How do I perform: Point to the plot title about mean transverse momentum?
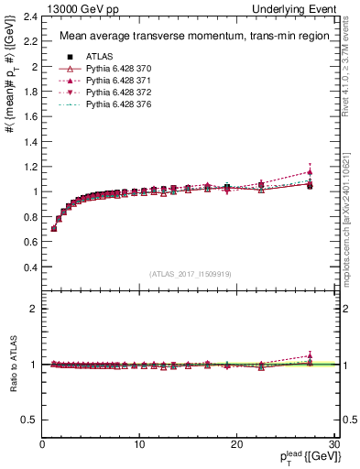pyautogui.click(x=176, y=36)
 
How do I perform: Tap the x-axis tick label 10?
pyautogui.click(x=139, y=444)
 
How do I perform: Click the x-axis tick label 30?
pyautogui.click(x=334, y=444)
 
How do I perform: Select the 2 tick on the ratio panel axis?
pyautogui.click(x=32, y=309)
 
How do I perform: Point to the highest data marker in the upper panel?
pyautogui.click(x=310, y=172)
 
